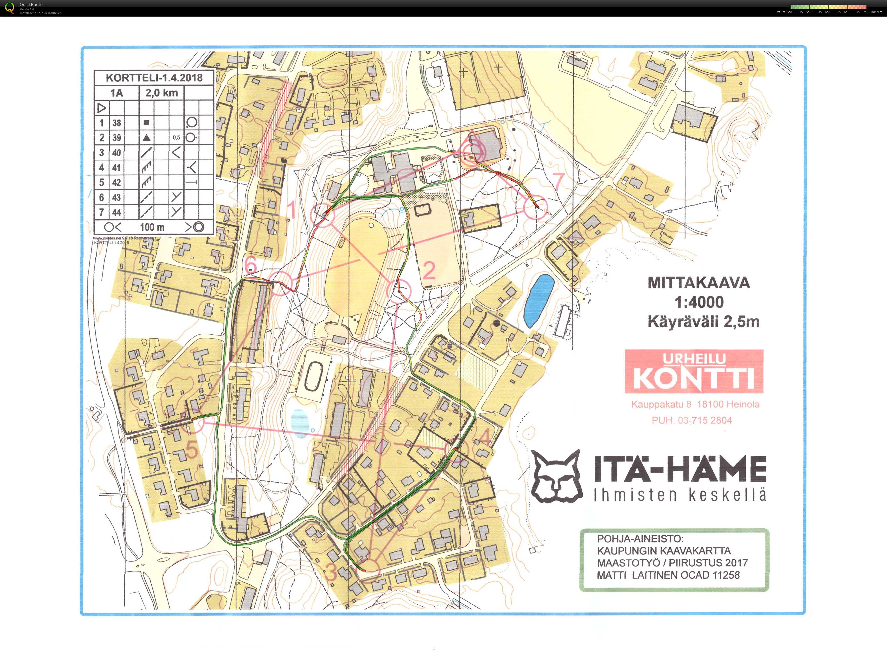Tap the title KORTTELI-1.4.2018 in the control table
point(154,77)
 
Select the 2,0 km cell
point(161,93)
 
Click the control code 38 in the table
point(117,123)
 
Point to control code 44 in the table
point(117,212)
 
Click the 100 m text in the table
point(152,227)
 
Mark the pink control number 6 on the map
point(251,265)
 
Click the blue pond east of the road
point(539,301)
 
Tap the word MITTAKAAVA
point(699,283)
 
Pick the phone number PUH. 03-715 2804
point(692,420)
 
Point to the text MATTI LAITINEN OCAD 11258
point(668,575)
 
